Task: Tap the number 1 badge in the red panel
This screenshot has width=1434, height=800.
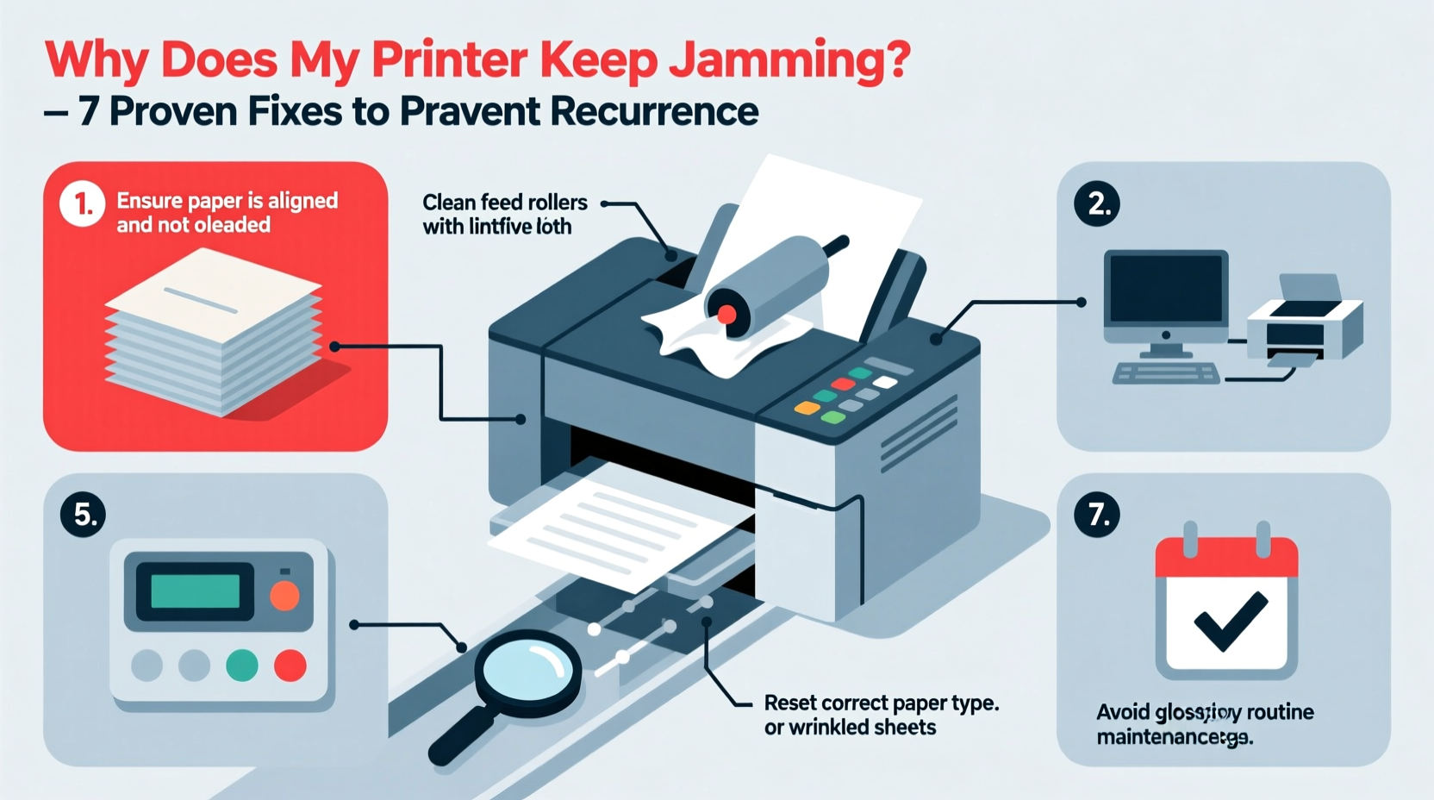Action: (82, 204)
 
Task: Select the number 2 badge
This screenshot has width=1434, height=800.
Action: (1097, 204)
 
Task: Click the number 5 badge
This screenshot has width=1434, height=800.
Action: (84, 515)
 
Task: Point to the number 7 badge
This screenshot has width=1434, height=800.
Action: (1097, 515)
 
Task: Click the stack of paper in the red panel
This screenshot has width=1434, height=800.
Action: (214, 332)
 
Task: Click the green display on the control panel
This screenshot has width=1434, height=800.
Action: (196, 591)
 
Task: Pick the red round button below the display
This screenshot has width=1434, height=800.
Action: (290, 666)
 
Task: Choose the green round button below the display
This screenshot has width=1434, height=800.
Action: (241, 666)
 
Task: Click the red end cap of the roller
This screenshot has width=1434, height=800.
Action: (726, 314)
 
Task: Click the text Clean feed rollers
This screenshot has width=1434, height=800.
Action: (504, 203)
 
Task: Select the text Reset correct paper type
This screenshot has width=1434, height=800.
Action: (881, 703)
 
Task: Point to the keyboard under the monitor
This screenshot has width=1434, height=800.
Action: (1166, 373)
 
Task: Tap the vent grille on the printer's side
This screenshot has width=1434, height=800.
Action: (919, 431)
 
